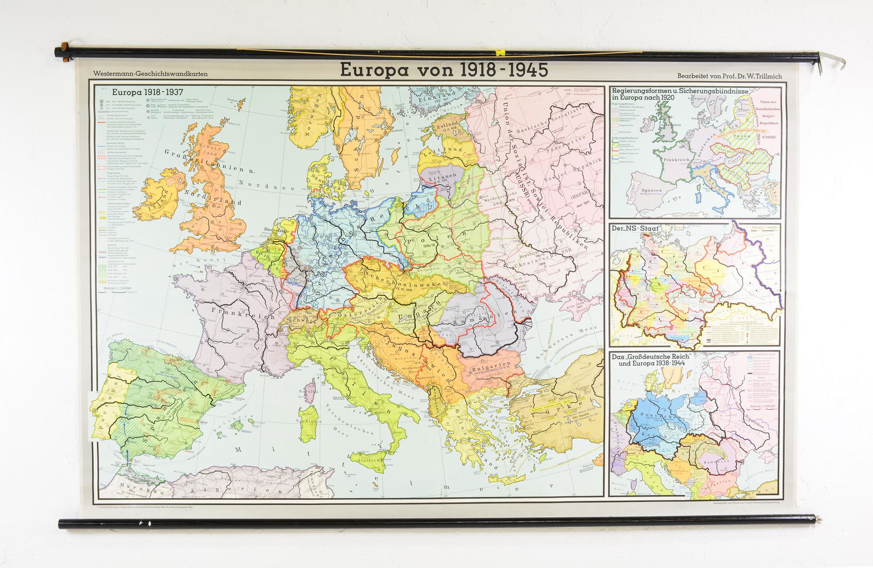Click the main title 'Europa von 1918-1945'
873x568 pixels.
click(x=444, y=70)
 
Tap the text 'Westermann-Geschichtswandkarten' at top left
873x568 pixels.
click(x=150, y=74)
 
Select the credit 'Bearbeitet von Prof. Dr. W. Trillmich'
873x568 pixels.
click(x=730, y=76)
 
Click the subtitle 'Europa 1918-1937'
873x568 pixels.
click(x=147, y=93)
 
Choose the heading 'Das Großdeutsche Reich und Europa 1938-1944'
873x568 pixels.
click(x=651, y=360)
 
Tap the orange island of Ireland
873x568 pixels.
click(x=160, y=195)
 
